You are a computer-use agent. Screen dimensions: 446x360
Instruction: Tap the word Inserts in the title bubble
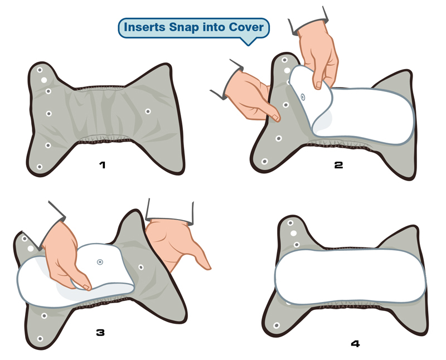tap(144, 27)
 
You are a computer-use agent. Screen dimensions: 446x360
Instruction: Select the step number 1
tap(103, 164)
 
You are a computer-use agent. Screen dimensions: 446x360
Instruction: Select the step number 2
tap(338, 165)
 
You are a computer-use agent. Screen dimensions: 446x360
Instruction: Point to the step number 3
tap(100, 333)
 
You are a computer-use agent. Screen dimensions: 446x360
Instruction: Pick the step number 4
tap(355, 344)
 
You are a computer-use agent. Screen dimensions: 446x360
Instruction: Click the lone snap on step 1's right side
tap(148, 111)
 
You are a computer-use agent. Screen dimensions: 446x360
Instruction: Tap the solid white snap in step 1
tap(44, 80)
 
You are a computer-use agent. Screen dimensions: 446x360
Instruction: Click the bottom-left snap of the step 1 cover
tap(40, 167)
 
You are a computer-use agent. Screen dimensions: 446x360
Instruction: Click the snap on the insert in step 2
tap(303, 98)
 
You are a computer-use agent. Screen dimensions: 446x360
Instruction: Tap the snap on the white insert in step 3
tap(100, 262)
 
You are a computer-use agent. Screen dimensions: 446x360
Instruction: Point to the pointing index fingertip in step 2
tap(277, 118)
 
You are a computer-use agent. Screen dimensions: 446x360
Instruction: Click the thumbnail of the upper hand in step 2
tap(318, 85)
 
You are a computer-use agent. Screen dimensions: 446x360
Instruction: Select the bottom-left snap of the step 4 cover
tap(277, 325)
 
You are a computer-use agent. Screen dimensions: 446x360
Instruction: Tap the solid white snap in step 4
tap(294, 233)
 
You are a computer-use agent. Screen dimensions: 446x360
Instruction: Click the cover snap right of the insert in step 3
tap(141, 267)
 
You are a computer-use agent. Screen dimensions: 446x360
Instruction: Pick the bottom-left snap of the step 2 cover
tap(264, 162)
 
